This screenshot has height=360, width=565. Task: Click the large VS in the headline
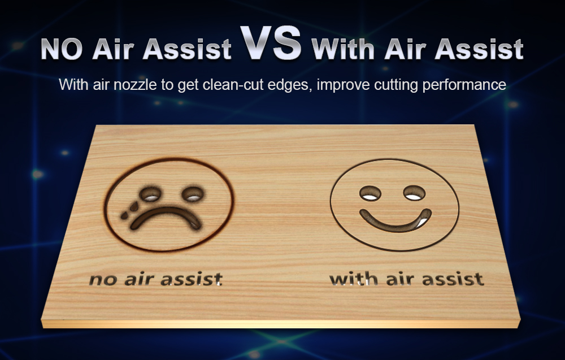(271, 43)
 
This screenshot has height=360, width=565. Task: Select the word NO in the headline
(62, 49)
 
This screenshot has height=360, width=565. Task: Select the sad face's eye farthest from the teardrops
(193, 194)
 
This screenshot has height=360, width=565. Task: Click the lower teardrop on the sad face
(124, 215)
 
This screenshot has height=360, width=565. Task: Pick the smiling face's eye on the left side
(370, 193)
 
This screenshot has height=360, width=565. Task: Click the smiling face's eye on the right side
(414, 193)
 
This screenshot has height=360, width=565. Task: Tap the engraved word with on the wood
(354, 279)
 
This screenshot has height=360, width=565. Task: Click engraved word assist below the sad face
(192, 279)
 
